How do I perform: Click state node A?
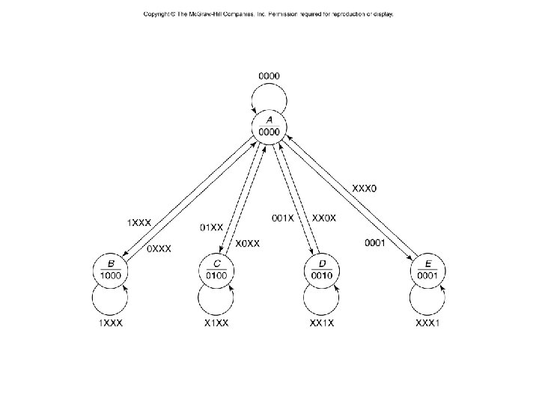269,126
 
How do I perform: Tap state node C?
217,270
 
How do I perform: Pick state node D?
322,270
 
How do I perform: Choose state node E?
428,270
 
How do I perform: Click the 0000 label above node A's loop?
269,76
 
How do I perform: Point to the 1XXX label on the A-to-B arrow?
138,222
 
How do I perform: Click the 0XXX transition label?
158,248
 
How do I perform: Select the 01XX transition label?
212,227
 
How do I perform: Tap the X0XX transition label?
248,243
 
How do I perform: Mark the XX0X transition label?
324,218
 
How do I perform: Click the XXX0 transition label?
365,189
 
